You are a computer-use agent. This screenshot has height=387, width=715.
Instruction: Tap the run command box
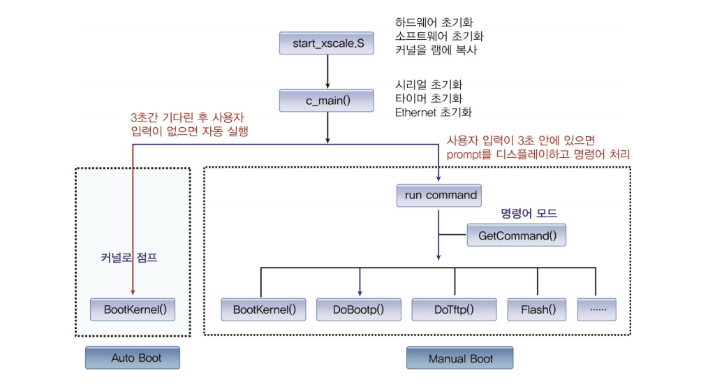coord(441,195)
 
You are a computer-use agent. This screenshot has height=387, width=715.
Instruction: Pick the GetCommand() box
coord(517,235)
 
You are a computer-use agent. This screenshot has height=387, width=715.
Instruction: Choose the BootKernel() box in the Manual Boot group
coord(260,309)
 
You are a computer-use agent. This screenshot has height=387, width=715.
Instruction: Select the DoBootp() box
coord(358,309)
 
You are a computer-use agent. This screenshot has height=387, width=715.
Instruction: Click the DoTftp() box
coord(454,309)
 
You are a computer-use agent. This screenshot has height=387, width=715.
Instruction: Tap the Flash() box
coord(536,309)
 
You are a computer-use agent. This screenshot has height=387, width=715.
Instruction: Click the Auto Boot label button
coord(133,358)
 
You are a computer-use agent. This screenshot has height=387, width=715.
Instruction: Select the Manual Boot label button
coord(460,358)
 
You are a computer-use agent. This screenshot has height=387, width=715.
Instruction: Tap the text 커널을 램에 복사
coord(436,50)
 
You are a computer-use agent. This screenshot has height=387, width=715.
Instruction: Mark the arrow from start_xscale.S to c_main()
coord(327,72)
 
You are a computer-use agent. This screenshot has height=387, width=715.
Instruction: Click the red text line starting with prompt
coord(538,155)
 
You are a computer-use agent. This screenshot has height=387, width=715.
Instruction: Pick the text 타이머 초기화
coord(429,98)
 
